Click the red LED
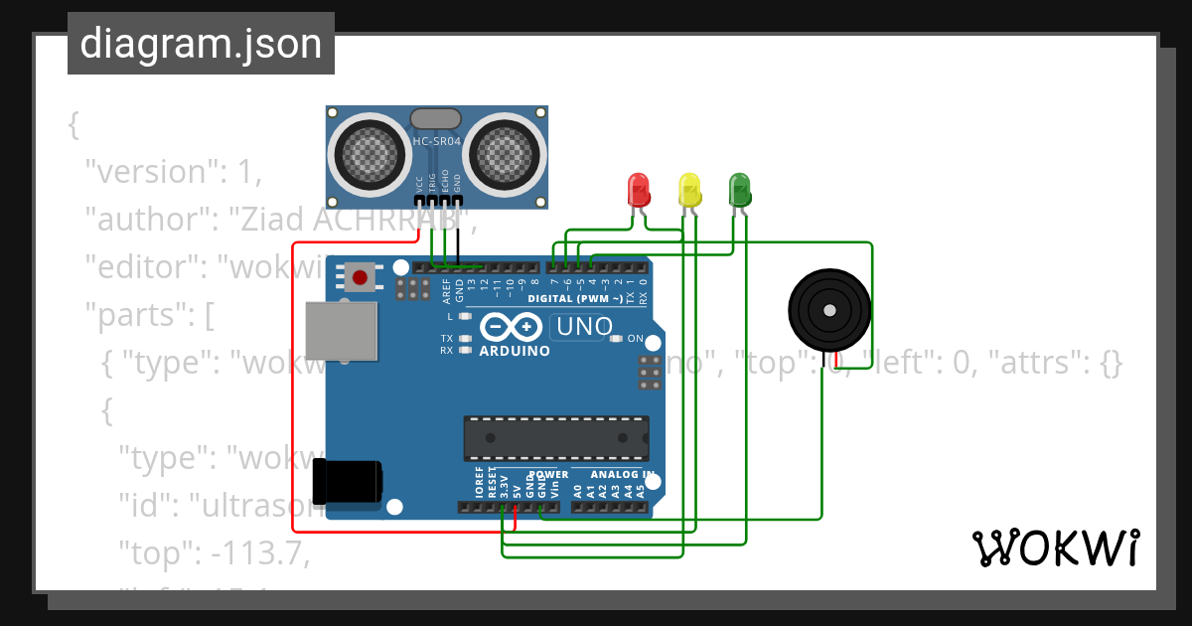pos(638,189)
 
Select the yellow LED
pos(689,189)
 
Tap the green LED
pos(740,189)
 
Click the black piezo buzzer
pos(828,310)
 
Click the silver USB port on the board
pos(342,330)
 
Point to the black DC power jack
pos(347,481)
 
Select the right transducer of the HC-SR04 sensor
pos(508,151)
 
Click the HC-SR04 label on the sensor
pos(437,142)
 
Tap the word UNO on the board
pos(584,326)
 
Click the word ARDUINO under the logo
pos(515,351)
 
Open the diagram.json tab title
pos(201,44)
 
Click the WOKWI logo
pos(1055,548)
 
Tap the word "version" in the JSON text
pos(149,172)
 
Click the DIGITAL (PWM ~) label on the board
pos(575,298)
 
